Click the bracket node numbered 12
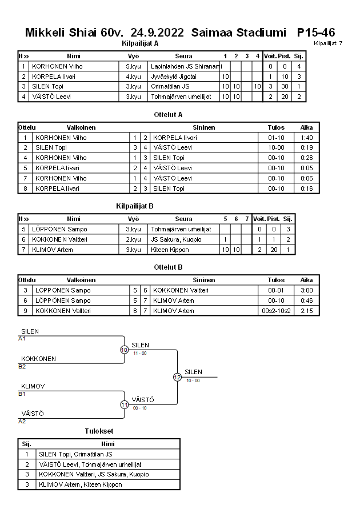[177, 377]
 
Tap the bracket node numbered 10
[124, 350]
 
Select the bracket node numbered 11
[124, 404]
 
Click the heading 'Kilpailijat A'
[141, 43]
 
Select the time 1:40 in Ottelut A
[306, 138]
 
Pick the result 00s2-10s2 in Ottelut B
[276, 311]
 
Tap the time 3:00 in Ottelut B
[306, 290]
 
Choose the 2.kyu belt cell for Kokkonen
[133, 239]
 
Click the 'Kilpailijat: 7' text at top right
[328, 43]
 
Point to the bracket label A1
[22, 338]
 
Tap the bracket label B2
[22, 366]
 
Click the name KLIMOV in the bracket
[33, 386]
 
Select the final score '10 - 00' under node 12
[193, 380]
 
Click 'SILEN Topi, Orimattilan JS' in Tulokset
[75, 454]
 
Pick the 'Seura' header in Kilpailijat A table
[183, 56]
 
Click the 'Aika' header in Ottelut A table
[306, 127]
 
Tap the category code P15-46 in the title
[315, 33]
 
